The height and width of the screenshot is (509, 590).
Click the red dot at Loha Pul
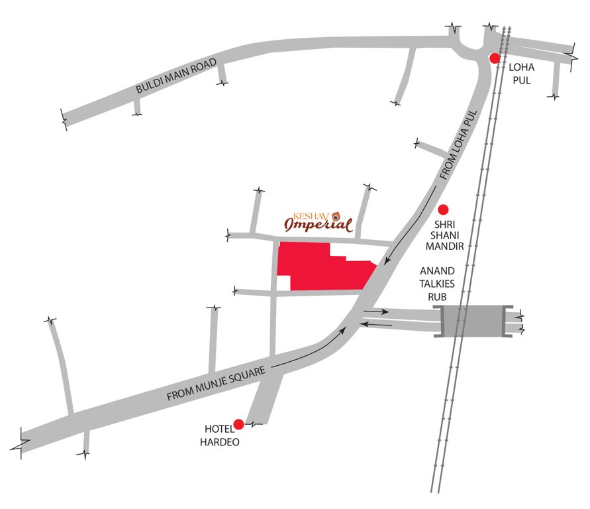[x=494, y=58]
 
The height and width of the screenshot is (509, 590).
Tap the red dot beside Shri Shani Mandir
[x=444, y=208]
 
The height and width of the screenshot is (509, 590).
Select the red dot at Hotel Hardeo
[x=238, y=424]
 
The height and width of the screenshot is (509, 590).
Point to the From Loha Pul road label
[x=458, y=146]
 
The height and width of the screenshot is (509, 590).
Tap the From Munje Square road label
[x=216, y=384]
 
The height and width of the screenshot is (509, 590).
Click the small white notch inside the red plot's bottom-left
[x=283, y=283]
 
